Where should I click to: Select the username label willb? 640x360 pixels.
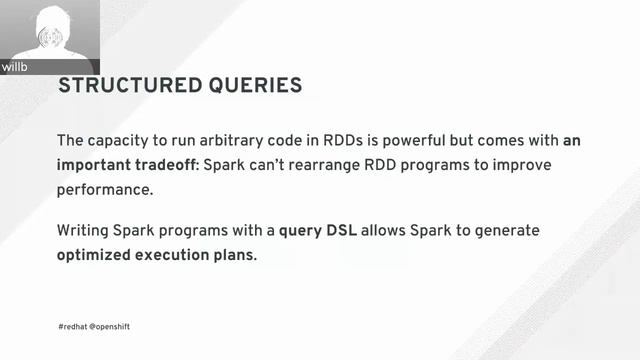(16, 68)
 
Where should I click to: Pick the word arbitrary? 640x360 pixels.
(244, 140)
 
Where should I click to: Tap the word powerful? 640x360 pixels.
(430, 140)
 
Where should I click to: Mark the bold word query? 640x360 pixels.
(300, 231)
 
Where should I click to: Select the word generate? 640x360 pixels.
(505, 231)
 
